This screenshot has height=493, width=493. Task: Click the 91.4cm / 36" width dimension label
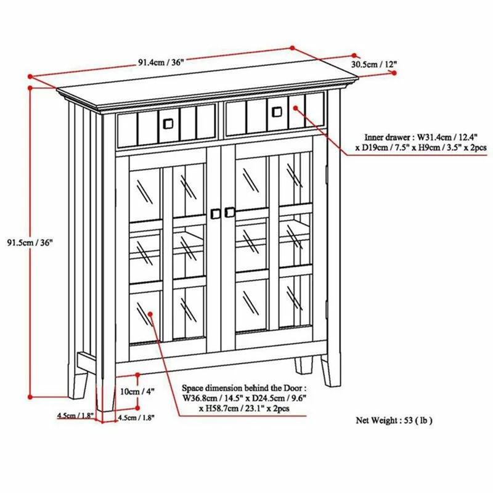[x=161, y=62]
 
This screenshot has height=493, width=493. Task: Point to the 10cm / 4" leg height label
[x=137, y=392]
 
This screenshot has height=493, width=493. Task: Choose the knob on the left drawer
[x=167, y=123]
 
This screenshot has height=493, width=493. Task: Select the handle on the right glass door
[x=230, y=212]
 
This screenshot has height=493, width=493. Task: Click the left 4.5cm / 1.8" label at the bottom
[x=75, y=416]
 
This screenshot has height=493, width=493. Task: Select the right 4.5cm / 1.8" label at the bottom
[x=136, y=417]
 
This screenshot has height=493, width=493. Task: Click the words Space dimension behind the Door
[x=243, y=389]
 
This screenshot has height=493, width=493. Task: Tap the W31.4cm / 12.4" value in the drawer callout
[x=438, y=136]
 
